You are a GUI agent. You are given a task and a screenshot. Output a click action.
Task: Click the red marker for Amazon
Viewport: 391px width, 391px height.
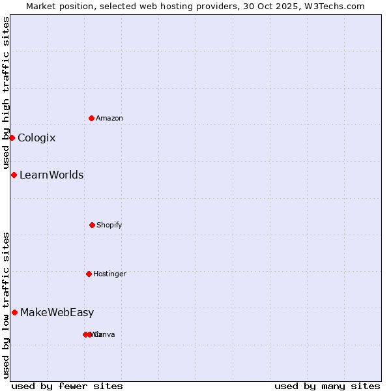[x=91, y=118]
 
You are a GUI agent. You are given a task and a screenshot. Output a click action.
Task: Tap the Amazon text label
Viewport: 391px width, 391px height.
[x=109, y=118]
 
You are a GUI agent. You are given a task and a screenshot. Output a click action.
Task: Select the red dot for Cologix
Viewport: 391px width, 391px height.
[x=12, y=138]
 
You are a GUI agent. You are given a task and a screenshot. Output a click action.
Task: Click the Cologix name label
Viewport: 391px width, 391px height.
[x=36, y=138]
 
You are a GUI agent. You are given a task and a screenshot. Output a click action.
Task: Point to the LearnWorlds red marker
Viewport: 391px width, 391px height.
[x=14, y=175]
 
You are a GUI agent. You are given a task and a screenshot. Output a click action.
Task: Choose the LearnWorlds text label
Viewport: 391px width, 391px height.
[x=51, y=175]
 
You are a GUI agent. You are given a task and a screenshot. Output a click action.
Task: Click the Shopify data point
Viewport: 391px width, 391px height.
[x=92, y=225]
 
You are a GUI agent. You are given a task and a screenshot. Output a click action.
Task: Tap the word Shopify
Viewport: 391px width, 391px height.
[x=109, y=225]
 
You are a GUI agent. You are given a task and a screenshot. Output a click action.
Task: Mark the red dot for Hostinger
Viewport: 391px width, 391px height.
[x=89, y=274]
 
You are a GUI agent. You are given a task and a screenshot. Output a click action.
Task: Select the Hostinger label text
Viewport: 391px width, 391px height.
[x=109, y=274]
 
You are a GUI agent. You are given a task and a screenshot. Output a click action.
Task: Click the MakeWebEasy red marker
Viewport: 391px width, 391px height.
[x=14, y=312]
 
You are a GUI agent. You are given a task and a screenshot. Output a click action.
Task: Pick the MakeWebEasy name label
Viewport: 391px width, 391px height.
[x=57, y=312]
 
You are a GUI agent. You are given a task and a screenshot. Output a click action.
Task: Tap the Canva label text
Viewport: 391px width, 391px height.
[x=106, y=334]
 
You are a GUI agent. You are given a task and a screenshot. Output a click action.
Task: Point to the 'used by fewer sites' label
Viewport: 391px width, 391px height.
[x=67, y=386]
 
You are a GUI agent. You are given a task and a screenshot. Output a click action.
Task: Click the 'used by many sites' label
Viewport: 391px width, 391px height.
[x=327, y=386]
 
